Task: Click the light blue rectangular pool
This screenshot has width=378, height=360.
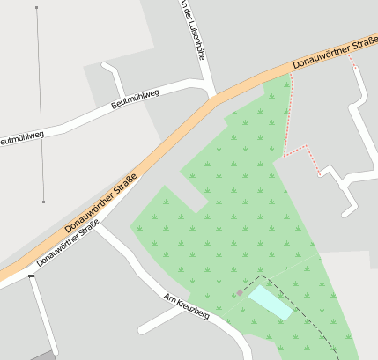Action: point(271,303)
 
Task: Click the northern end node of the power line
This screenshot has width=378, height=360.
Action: point(36,8)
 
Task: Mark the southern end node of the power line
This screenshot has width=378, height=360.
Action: point(43,202)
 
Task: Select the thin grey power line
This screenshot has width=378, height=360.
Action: point(40,106)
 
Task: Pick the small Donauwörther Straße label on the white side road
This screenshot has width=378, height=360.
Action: point(67,246)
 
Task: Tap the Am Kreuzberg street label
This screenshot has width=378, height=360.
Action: point(187,307)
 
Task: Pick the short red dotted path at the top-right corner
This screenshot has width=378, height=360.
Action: point(352,60)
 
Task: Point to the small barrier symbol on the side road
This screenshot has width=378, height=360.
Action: point(31,276)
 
